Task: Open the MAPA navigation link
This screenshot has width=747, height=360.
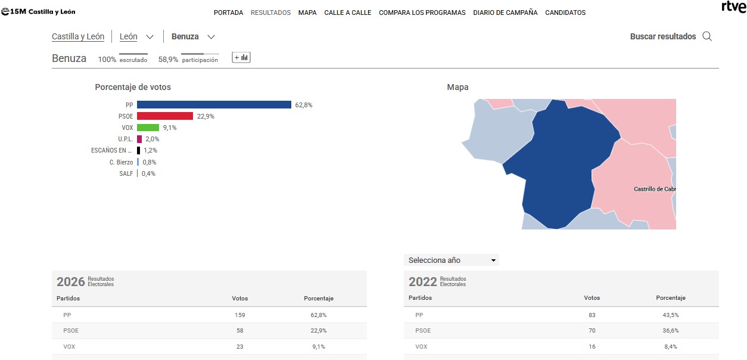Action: coord(307,13)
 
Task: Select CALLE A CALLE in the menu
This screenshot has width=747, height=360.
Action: coord(348,13)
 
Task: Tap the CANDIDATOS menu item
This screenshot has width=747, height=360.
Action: coord(565,13)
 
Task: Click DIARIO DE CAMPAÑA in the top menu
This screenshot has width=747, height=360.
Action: coord(505,13)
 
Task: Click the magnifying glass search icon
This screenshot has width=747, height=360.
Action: coord(707,36)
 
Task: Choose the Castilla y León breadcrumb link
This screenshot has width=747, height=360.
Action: coord(78,36)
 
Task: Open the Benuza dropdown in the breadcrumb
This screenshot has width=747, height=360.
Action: coord(193,36)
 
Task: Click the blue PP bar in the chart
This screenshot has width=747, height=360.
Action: coord(214,105)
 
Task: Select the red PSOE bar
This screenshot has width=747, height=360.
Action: coord(165,116)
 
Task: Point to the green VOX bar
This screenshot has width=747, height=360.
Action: coord(148,128)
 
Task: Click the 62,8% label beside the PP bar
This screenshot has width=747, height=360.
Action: coord(304,105)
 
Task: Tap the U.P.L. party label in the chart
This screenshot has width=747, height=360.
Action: coord(126,139)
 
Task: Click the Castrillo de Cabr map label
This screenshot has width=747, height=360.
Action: coord(655,189)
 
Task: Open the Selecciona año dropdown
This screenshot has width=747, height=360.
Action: coord(452,260)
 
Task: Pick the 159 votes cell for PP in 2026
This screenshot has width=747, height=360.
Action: coord(240,315)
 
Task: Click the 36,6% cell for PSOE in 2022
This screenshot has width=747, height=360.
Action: coord(671,330)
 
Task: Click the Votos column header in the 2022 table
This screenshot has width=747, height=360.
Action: coord(592,298)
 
